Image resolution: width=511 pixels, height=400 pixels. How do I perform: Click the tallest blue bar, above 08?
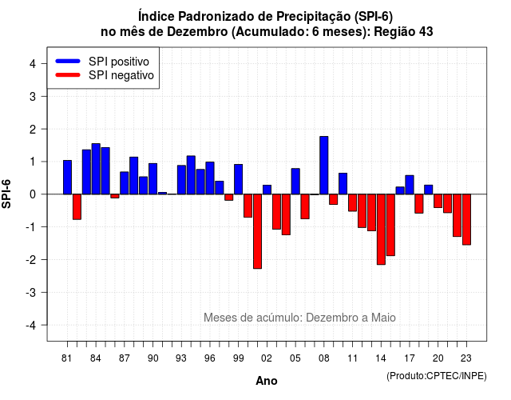click(x=324, y=166)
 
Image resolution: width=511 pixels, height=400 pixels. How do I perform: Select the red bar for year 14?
click(x=381, y=230)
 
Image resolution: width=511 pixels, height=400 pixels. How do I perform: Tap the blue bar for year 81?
click(x=67, y=178)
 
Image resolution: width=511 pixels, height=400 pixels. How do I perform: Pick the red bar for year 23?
click(x=466, y=219)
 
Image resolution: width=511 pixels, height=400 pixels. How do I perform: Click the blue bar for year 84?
click(x=96, y=169)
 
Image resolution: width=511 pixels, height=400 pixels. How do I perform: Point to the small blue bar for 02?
click(x=267, y=190)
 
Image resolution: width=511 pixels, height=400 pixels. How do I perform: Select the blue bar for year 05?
click(x=295, y=182)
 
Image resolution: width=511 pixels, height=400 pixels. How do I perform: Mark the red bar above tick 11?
click(x=353, y=202)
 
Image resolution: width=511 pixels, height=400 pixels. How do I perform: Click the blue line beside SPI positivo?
click(x=68, y=61)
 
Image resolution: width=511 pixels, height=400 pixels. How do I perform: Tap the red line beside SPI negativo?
click(x=68, y=75)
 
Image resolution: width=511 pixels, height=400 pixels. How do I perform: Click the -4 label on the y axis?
click(x=31, y=326)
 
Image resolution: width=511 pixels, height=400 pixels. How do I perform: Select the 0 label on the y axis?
click(x=33, y=194)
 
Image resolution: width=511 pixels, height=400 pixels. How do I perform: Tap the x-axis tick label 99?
click(x=239, y=358)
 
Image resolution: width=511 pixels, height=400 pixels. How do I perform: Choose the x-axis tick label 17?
click(x=410, y=358)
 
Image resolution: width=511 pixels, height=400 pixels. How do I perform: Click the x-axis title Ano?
click(x=267, y=381)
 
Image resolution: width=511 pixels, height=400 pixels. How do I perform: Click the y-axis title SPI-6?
click(x=6, y=194)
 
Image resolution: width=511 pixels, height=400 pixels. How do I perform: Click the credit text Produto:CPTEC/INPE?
click(x=437, y=376)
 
